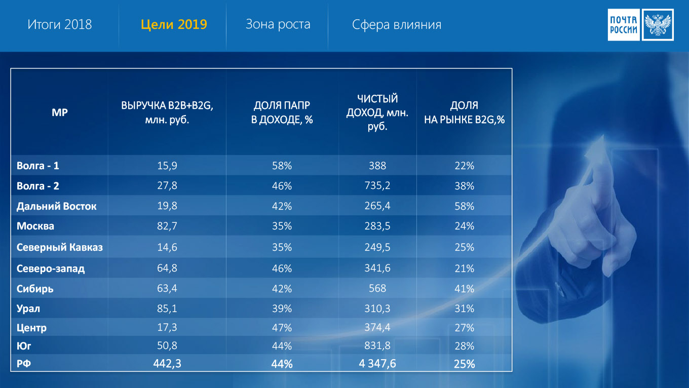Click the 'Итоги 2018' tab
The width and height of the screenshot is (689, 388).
pos(60,24)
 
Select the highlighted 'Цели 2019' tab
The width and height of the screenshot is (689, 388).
pos(174,24)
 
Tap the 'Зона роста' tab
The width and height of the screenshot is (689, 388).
pos(278,24)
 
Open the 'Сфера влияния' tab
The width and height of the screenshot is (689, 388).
pos(397,25)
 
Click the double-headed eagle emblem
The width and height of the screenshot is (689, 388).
pos(658,25)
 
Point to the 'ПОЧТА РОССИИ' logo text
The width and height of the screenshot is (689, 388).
pos(624,25)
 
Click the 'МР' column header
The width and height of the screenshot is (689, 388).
pos(60,112)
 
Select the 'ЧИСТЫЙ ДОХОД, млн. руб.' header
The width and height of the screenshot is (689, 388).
pos(377,112)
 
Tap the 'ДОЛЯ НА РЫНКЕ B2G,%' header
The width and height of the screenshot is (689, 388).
pos(464,112)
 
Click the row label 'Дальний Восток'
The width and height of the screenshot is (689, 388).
pos(56,206)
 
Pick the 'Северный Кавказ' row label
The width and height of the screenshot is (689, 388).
pos(60,247)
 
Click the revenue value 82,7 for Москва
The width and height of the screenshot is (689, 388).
pos(167,226)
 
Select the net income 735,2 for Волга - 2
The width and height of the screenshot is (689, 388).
pos(377,185)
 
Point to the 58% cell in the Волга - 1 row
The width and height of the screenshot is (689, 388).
pos(282,166)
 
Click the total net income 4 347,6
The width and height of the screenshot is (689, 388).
pos(377,364)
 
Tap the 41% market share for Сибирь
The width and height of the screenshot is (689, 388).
pos(464,289)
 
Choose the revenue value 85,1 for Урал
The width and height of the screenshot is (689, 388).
pos(167,308)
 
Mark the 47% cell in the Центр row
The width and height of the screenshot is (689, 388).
pos(282,328)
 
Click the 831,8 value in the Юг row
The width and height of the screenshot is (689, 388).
pos(377,345)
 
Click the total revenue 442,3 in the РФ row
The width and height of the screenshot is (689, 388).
pos(167,364)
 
